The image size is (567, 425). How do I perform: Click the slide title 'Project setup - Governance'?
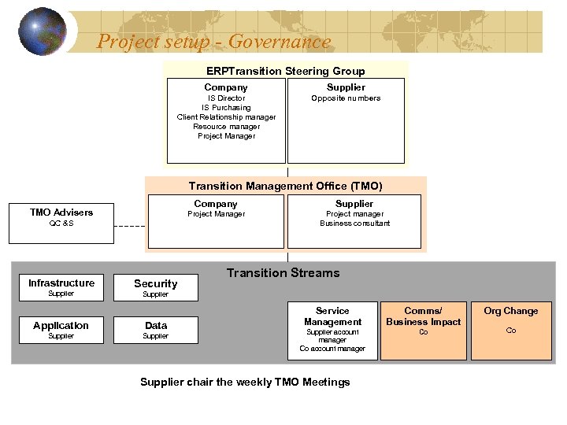click(x=213, y=42)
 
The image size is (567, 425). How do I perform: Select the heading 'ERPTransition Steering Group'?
click(x=285, y=71)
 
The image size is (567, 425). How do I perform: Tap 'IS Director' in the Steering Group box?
click(x=226, y=98)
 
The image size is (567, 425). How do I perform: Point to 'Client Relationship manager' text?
click(x=226, y=117)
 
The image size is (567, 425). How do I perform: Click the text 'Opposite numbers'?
click(x=346, y=98)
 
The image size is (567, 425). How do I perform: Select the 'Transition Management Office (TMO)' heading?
click(x=285, y=187)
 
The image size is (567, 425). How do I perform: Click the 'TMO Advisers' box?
click(x=61, y=217)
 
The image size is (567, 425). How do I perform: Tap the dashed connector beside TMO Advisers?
click(x=129, y=226)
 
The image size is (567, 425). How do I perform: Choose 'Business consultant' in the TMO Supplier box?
click(x=354, y=224)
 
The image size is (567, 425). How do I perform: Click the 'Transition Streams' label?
click(x=283, y=273)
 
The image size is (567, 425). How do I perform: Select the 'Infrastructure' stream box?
click(x=61, y=287)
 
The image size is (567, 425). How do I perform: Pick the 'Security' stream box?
click(x=155, y=287)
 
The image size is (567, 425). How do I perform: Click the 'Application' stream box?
click(x=61, y=330)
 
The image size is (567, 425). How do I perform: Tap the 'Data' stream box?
click(x=155, y=330)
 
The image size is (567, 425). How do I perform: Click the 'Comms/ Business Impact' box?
click(x=423, y=331)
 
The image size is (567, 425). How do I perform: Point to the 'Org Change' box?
click(x=510, y=331)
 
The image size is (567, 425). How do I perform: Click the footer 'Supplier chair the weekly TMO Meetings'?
click(x=245, y=382)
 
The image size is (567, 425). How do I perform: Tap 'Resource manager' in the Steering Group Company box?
click(x=226, y=127)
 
